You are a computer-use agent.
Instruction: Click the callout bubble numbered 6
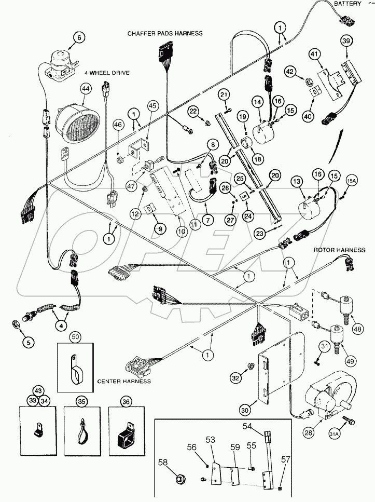[79, 37]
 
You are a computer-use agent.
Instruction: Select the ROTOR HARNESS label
[339, 250]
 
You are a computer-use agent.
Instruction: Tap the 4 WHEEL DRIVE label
[108, 73]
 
